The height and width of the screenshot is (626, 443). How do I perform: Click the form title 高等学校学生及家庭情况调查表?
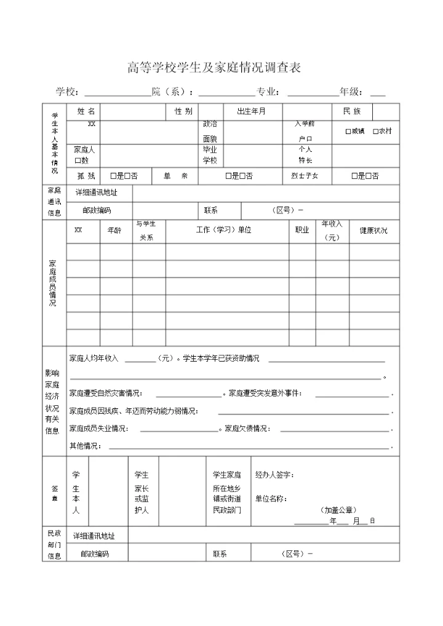214,68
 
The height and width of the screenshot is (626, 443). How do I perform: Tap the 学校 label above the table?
67,92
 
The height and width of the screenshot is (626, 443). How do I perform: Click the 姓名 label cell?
86,111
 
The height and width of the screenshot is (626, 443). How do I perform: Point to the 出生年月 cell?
251,111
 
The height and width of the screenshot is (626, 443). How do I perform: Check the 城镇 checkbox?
348,131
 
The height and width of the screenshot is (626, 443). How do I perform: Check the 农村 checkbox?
375,131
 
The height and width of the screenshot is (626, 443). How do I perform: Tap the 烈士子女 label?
305,176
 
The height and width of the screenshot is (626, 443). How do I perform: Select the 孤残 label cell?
86,176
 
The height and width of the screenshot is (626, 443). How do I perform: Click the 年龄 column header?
115,231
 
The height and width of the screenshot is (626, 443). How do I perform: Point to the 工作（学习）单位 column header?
224,231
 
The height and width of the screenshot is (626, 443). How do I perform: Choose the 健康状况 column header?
373,231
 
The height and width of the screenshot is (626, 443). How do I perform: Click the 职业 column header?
302,231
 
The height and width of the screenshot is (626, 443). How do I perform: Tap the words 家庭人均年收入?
94,359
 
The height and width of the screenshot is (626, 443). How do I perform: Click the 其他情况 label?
84,445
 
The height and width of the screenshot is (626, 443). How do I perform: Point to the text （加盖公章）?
338,510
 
